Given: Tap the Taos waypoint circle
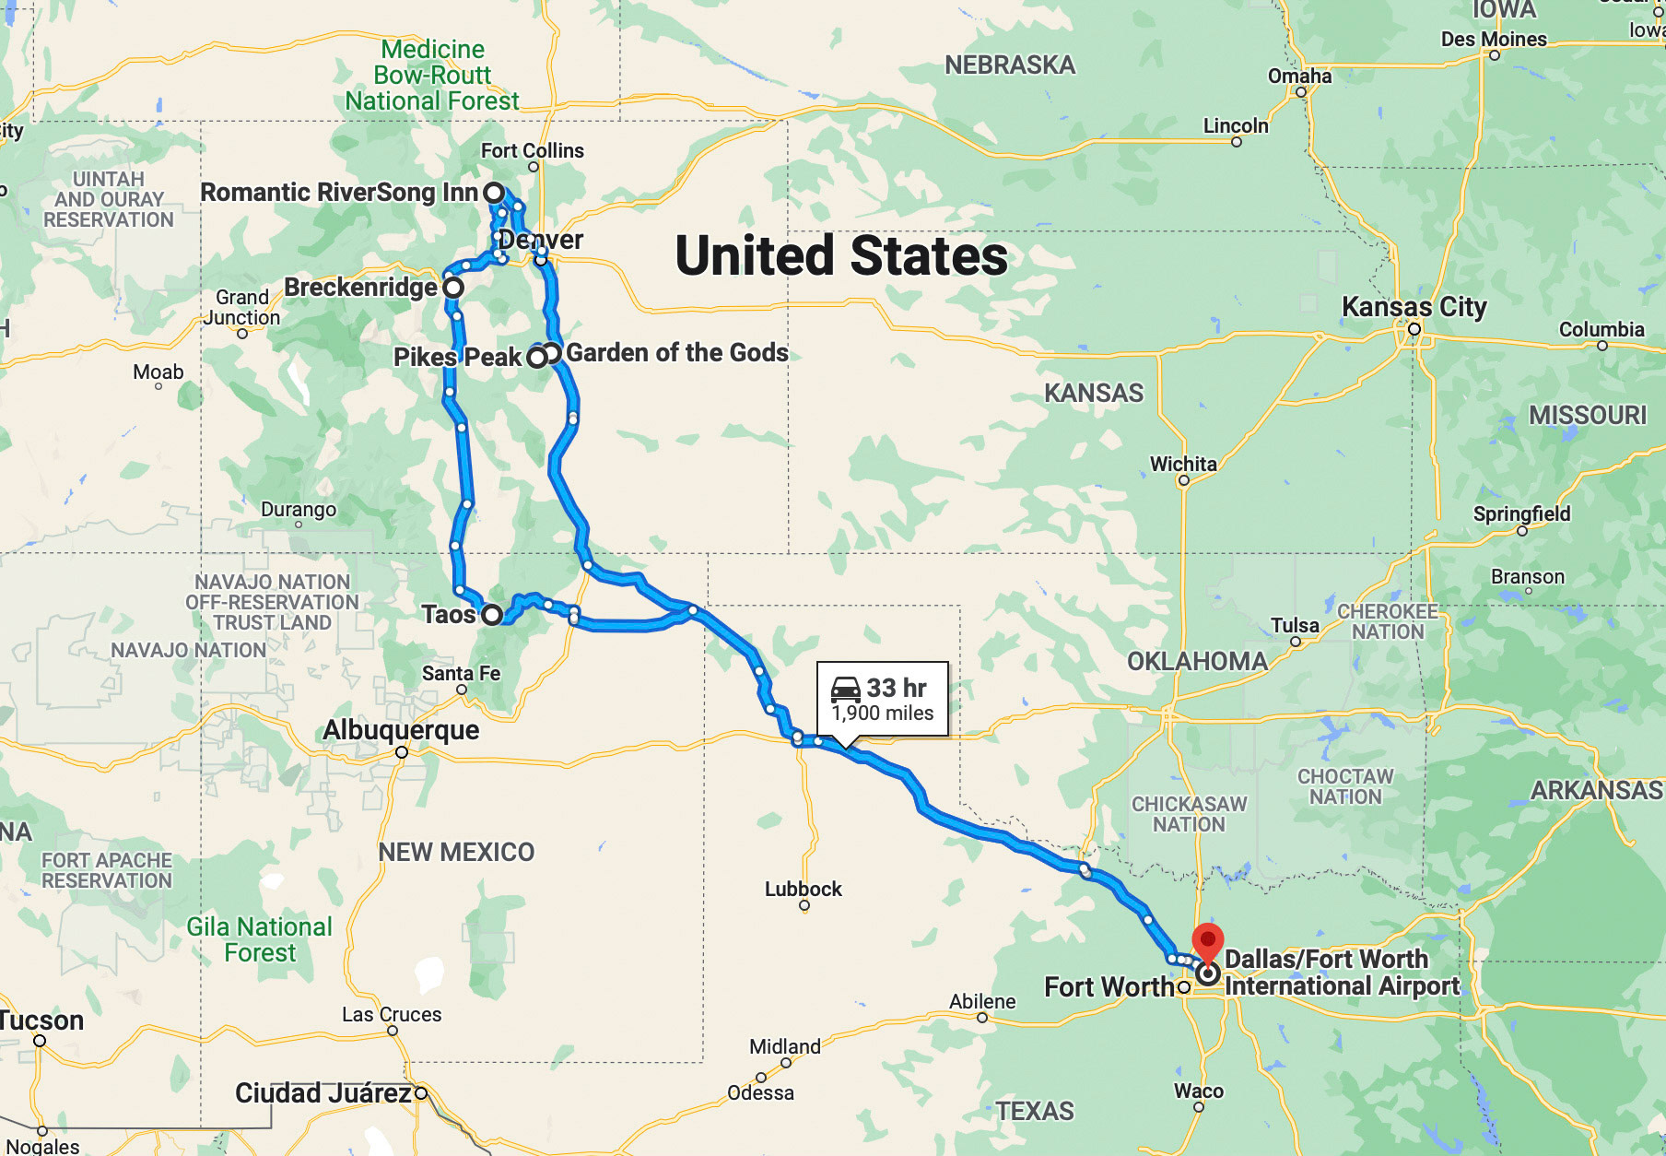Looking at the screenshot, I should click(492, 615).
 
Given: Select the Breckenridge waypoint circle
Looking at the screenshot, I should click(453, 288).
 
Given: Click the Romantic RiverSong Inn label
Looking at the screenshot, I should click(339, 193).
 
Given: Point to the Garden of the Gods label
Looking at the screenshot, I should click(676, 353).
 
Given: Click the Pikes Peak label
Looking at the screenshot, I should click(457, 358).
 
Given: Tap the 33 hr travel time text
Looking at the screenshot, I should click(896, 689).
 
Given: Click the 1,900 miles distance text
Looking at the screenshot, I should click(883, 714).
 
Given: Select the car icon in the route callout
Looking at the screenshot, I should click(845, 689).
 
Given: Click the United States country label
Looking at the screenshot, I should click(841, 256).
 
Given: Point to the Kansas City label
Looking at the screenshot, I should click(1414, 307).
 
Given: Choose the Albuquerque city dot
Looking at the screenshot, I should click(402, 752).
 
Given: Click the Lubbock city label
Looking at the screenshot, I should click(803, 890).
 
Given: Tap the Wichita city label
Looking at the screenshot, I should click(1183, 464).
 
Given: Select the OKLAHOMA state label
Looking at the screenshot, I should click(1197, 661).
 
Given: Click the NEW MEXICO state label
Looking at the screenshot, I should click(456, 852).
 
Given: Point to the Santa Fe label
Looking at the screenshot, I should click(461, 674).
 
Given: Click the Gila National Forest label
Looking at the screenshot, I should click(260, 939).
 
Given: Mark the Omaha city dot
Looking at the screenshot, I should click(1301, 92).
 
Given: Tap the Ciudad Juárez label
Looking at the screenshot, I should click(323, 1093).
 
